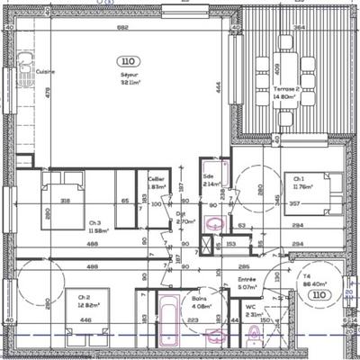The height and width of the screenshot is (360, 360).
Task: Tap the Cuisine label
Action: (45, 69)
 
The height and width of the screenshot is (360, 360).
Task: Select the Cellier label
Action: (157, 179)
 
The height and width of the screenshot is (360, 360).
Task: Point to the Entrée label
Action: (247, 280)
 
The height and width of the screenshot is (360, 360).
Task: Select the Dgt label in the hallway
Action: (180, 214)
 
